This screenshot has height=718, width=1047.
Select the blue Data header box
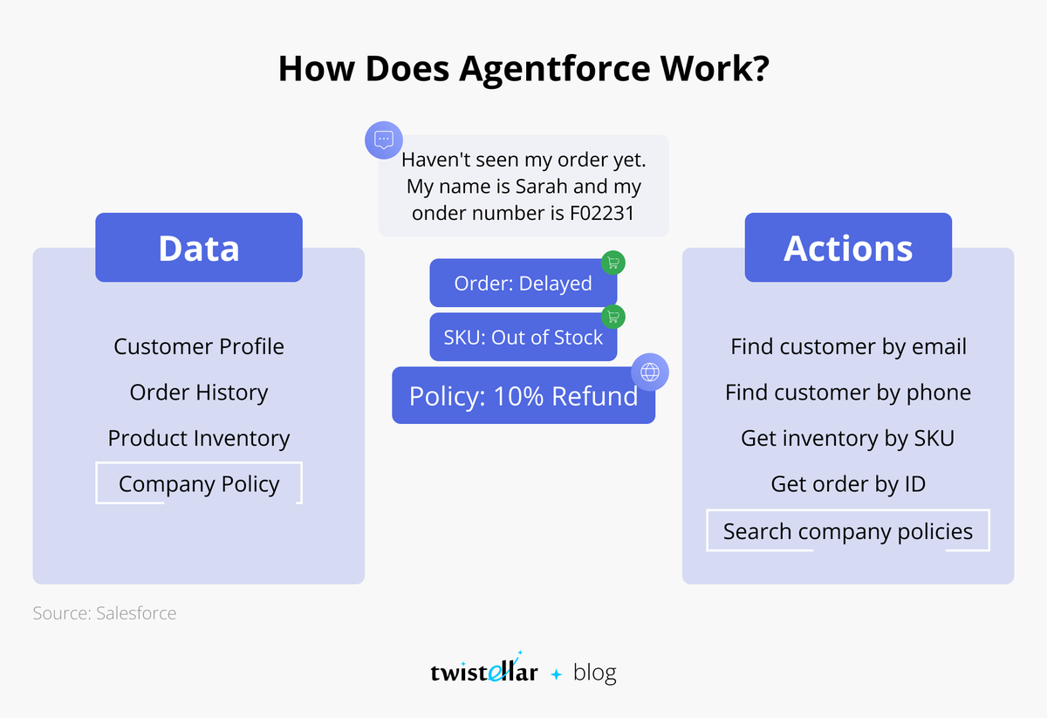pyautogui.click(x=199, y=248)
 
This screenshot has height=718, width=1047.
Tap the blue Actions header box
pyautogui.click(x=848, y=248)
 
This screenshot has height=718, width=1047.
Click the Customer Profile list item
pyautogui.click(x=199, y=346)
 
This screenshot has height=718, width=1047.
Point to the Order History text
pyautogui.click(x=199, y=393)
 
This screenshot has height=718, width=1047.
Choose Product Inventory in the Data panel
pyautogui.click(x=199, y=438)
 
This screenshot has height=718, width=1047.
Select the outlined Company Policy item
pyautogui.click(x=199, y=484)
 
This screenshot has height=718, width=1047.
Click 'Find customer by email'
pyautogui.click(x=848, y=346)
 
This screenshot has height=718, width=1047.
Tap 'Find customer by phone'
pyautogui.click(x=848, y=393)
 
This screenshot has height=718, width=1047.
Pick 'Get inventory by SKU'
pyautogui.click(x=848, y=438)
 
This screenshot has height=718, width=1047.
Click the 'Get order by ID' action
pyautogui.click(x=848, y=484)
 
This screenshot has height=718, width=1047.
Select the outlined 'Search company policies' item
pyautogui.click(x=848, y=531)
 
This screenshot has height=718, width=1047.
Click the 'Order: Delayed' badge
pyautogui.click(x=523, y=284)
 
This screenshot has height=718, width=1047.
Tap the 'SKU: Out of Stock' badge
pyautogui.click(x=523, y=338)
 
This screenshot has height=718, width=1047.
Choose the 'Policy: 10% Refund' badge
pyautogui.click(x=523, y=396)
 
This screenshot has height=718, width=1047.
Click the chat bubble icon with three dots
pyautogui.click(x=383, y=140)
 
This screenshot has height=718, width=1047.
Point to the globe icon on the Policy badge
pyautogui.click(x=650, y=372)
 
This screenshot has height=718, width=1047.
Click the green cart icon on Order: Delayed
pyautogui.click(x=613, y=263)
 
